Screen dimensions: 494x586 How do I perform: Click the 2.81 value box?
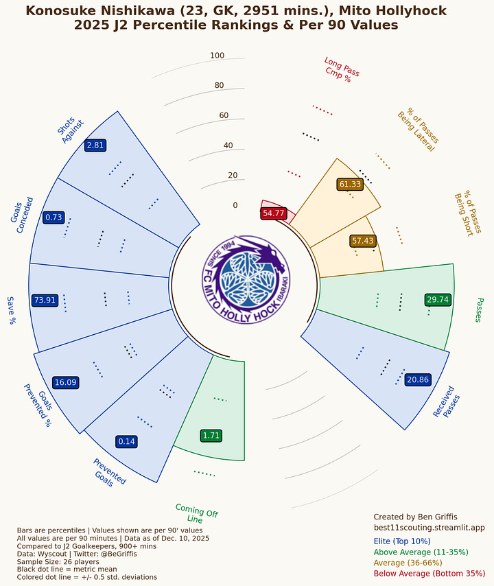click(x=95, y=145)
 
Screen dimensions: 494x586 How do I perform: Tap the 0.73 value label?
click(x=54, y=217)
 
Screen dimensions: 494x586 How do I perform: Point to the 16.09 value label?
click(x=65, y=382)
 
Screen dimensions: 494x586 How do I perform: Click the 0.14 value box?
click(x=126, y=441)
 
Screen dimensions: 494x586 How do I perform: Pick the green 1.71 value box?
click(x=211, y=435)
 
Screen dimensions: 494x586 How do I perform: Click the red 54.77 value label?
click(x=273, y=213)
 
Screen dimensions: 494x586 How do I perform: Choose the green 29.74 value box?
click(x=437, y=300)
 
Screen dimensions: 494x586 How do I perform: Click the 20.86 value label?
click(x=418, y=379)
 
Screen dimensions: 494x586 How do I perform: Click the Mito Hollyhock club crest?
click(x=246, y=280)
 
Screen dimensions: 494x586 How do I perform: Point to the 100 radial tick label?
click(x=217, y=56)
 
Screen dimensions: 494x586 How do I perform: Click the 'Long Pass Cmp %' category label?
click(x=340, y=69)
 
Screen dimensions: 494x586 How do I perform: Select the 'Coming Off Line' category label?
click(x=196, y=513)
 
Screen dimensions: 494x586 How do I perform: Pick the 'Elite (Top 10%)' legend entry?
click(x=408, y=541)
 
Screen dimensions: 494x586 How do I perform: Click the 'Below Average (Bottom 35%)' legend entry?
click(x=429, y=572)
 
